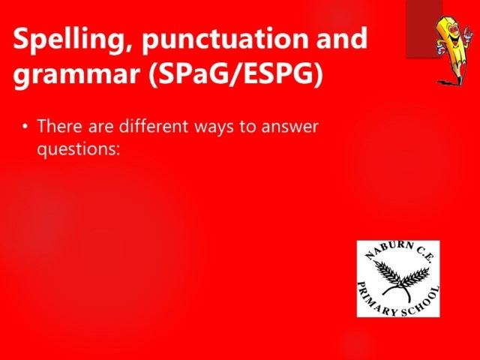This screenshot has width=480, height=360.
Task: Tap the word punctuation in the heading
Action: (225, 38)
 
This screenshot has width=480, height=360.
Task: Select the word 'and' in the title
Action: (342, 38)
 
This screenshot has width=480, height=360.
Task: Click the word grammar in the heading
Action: (76, 75)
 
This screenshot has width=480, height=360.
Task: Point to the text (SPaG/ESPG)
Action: (235, 74)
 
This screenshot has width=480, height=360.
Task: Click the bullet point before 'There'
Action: (25, 126)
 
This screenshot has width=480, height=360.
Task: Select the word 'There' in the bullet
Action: (60, 126)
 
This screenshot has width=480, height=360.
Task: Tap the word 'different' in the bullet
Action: (153, 126)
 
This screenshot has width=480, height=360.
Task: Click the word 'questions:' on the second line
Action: (78, 150)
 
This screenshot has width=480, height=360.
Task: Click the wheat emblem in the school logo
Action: (401, 280)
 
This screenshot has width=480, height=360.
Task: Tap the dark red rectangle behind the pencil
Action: (424, 29)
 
